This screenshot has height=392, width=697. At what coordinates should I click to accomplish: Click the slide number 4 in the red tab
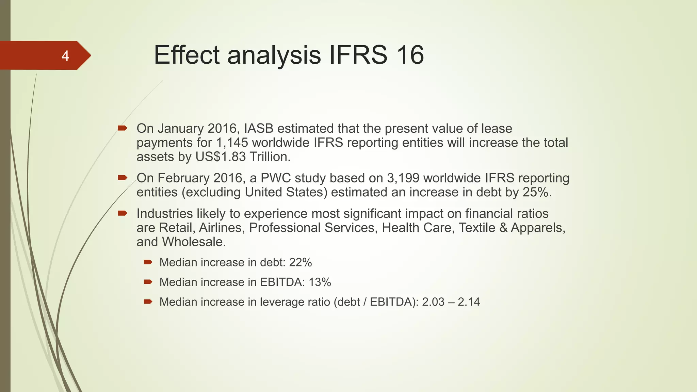[x=65, y=56]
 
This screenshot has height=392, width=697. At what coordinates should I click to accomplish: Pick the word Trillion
[x=270, y=157]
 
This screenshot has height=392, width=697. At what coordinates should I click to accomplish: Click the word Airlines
[x=222, y=228]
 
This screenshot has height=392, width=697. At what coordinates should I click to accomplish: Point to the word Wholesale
[x=194, y=242]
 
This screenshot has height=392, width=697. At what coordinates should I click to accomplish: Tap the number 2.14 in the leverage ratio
[x=469, y=302]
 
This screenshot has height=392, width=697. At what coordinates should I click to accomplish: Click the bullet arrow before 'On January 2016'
[x=122, y=128]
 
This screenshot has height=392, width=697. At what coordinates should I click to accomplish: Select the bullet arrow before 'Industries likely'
[x=122, y=213]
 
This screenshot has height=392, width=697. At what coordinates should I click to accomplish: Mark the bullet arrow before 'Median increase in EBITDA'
[x=148, y=282]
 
